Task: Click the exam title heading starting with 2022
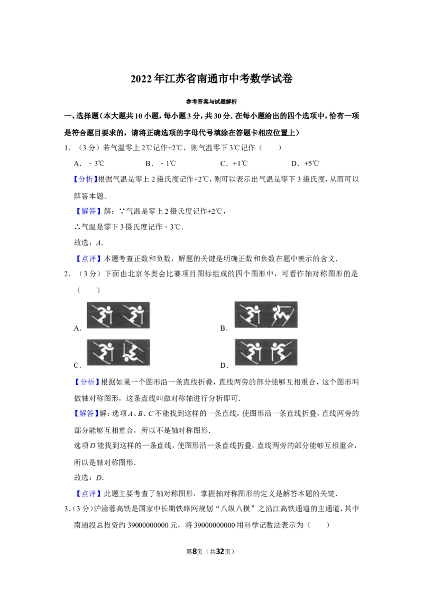pos(212,79)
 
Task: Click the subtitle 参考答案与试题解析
pos(212,102)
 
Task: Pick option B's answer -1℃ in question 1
pos(168,164)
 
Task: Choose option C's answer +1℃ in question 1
pos(240,164)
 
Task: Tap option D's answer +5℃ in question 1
pos(311,164)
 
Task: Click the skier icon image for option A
pos(118,315)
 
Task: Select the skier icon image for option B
pos(266,315)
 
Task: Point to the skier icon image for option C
pos(118,352)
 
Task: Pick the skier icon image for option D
pos(266,352)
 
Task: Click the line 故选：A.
pos(89,242)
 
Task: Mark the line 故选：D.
pos(89,477)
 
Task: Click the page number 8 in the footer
pos(195,551)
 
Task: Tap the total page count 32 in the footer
pos(220,551)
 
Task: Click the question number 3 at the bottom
pos(67,509)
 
